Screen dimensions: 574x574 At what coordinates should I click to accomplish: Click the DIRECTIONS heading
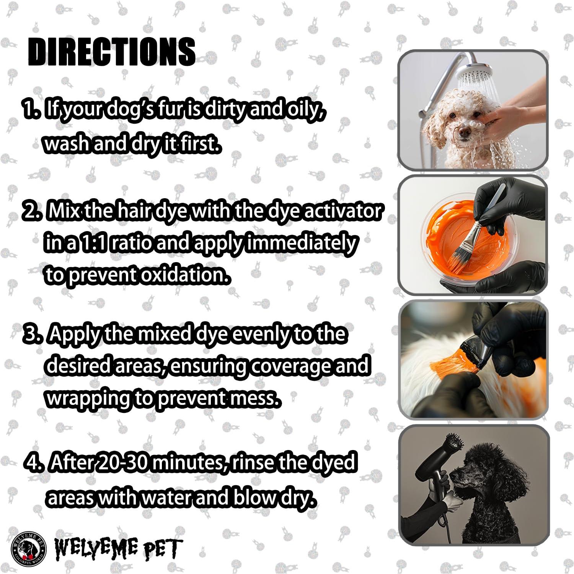(x=112, y=52)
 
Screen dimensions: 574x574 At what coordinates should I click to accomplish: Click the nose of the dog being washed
(x=465, y=132)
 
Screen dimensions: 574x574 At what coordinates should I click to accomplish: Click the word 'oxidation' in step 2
(x=186, y=275)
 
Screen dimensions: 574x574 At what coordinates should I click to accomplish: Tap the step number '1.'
(x=31, y=109)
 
